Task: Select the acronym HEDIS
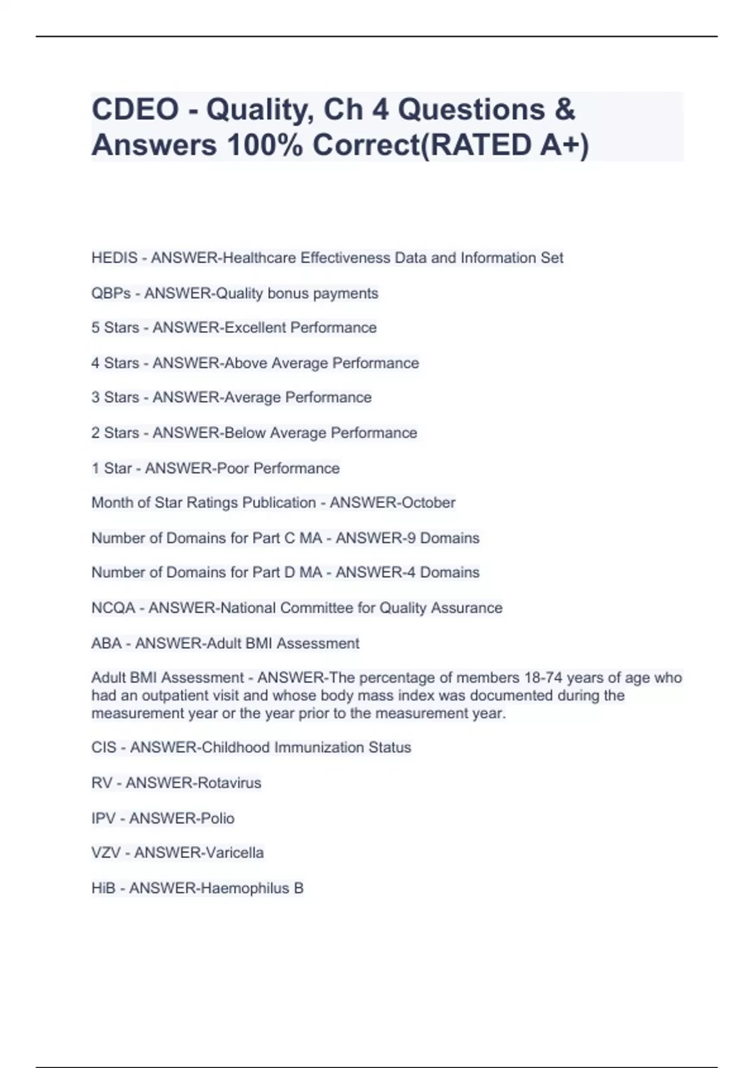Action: pos(114,258)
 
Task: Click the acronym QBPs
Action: pos(111,293)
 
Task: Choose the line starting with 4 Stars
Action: pos(254,363)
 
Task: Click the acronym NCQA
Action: pos(113,608)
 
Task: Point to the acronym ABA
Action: pos(106,643)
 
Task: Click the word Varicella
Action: pos(231,853)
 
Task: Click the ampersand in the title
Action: pos(565,109)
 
